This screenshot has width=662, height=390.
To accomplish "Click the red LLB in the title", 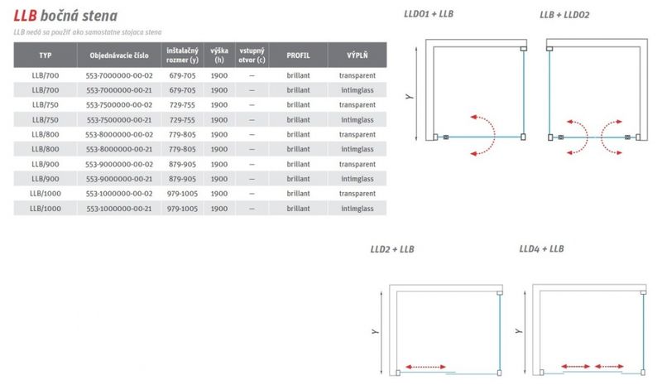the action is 25,16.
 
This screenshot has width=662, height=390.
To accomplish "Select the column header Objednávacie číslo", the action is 119,55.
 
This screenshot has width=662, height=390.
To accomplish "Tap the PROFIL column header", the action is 298,55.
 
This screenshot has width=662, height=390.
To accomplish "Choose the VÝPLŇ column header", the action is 357,55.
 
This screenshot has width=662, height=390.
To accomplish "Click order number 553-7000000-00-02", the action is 119,75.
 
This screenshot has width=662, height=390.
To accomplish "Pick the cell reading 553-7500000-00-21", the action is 119,120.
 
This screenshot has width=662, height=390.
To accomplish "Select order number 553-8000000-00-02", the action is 119,135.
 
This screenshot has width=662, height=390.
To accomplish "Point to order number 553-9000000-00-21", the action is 119,179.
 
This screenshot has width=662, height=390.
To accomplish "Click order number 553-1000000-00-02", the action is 119,194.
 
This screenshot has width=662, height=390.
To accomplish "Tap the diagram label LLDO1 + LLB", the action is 429,14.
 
